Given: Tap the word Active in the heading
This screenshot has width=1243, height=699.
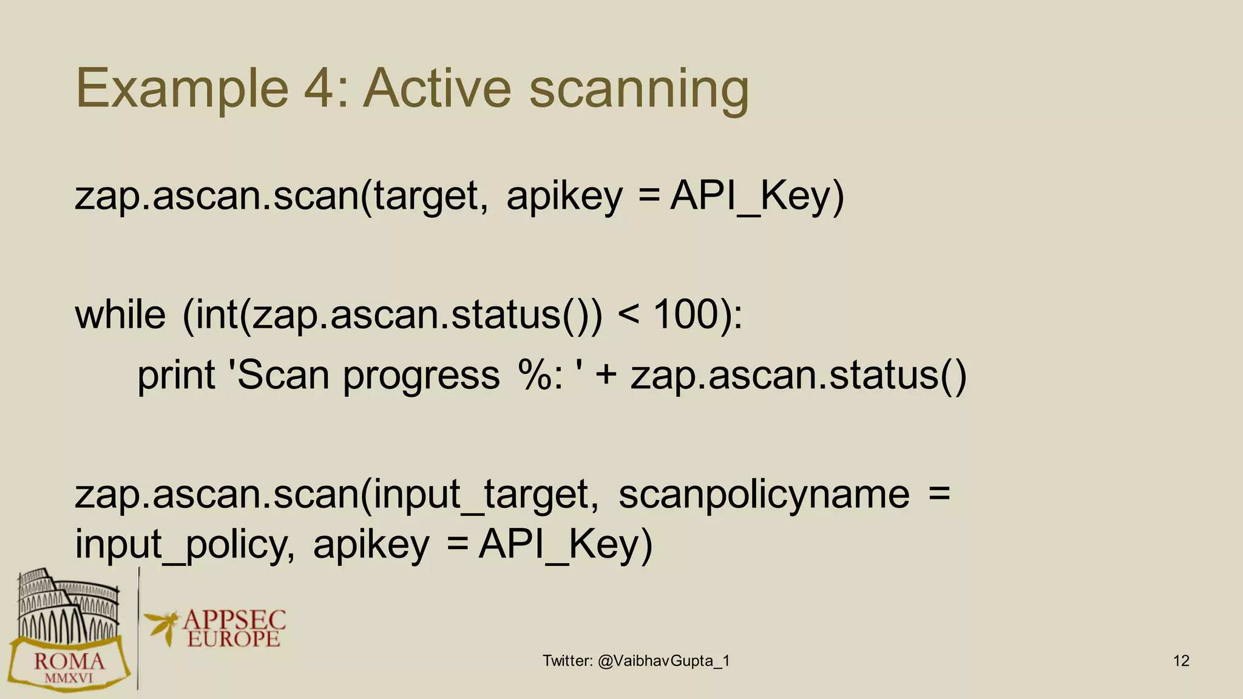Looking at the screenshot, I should (437, 89).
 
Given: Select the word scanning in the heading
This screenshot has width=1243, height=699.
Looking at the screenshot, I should (638, 91).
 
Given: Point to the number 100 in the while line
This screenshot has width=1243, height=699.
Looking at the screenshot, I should (686, 315).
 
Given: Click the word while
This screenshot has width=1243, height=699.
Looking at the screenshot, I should (120, 315).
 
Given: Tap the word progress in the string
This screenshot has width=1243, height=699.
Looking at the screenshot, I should (421, 377).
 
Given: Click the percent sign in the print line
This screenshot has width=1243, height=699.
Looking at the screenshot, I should (534, 375).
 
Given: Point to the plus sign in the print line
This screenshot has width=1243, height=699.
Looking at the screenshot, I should (606, 375).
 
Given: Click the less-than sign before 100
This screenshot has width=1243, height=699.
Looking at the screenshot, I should (629, 315).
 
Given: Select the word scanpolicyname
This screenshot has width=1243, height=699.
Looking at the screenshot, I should (764, 495).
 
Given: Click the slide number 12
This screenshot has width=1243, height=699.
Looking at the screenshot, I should (1181, 661).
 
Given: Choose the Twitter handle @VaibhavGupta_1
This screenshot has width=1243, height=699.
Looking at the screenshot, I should (663, 661).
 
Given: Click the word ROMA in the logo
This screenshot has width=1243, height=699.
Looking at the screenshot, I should (69, 661).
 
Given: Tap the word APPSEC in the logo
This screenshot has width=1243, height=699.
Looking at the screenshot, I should (234, 620).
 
